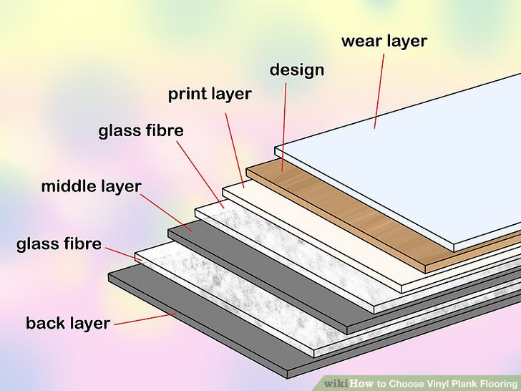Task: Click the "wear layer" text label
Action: pos(384,40)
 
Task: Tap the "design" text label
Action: pos(297,69)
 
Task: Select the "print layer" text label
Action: pos(210,94)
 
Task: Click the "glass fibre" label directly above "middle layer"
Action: pos(141,131)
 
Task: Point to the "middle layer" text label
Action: pos(91,187)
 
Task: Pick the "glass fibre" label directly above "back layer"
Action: pos(59,243)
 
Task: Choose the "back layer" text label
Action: pos(68,323)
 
